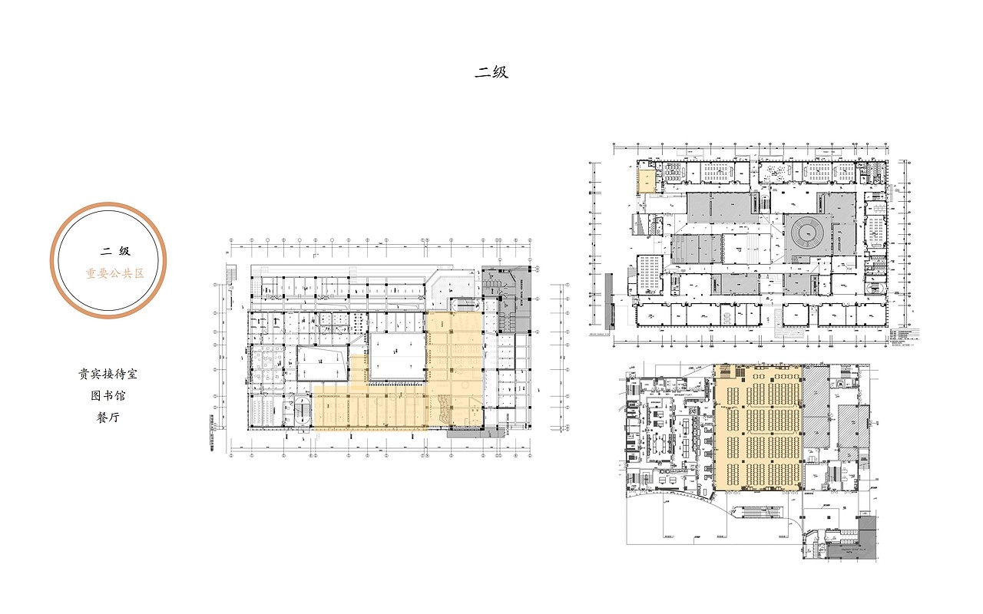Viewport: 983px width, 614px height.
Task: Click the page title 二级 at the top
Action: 491,73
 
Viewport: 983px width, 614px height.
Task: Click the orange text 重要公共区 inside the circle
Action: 114,273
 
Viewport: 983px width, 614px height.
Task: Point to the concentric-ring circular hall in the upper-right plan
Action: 806,233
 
